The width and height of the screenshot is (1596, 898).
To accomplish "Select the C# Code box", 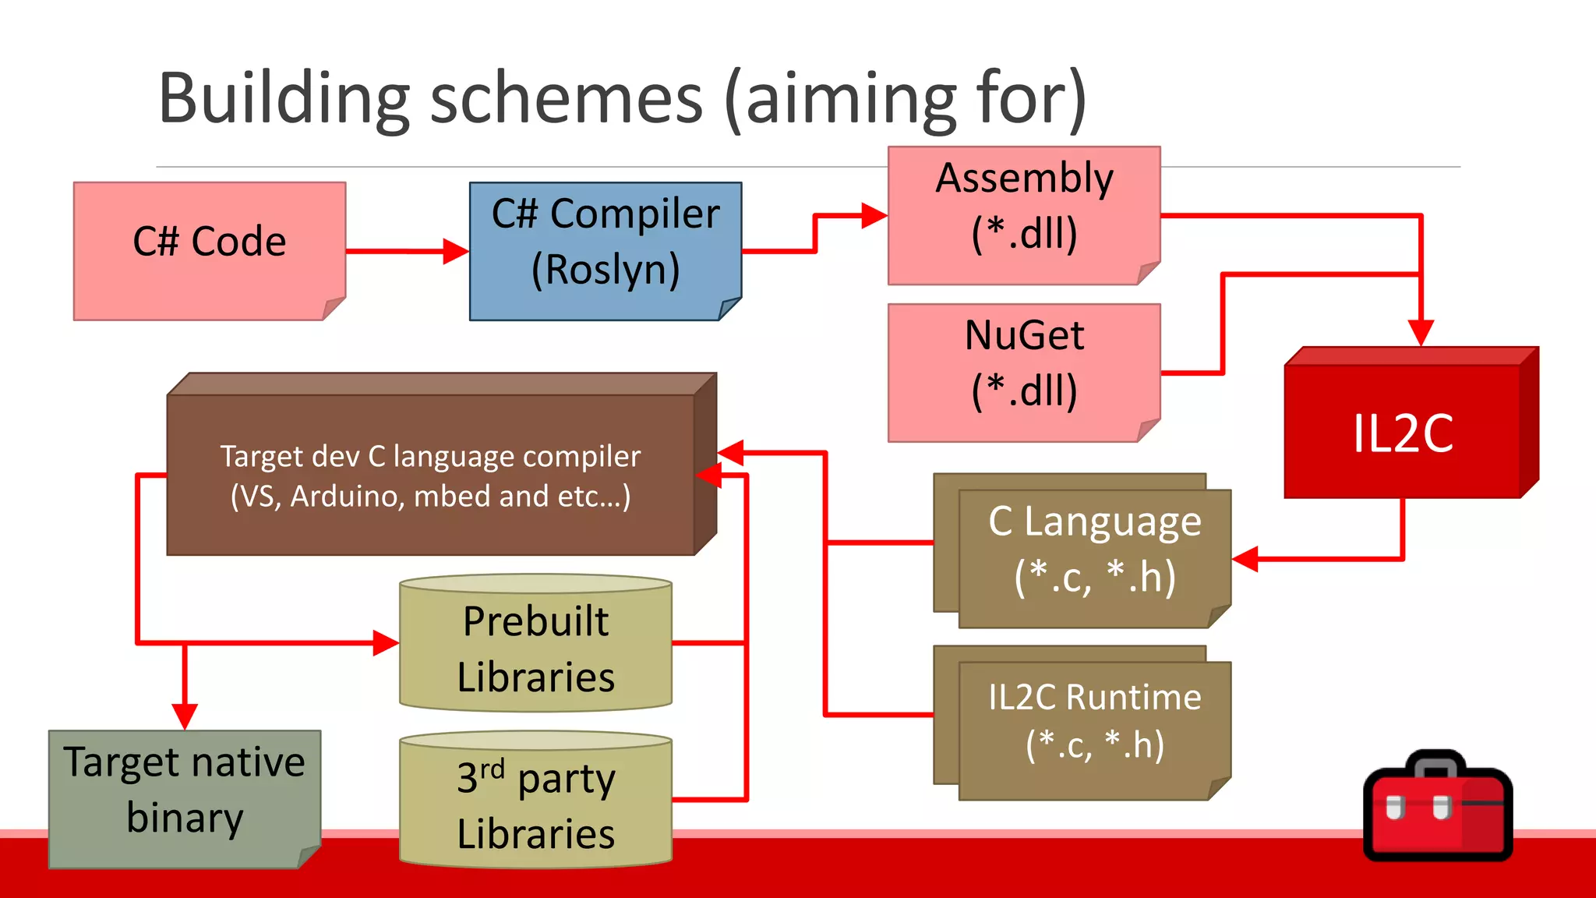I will pos(210,250).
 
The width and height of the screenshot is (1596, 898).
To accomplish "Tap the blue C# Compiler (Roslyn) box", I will pos(606,250).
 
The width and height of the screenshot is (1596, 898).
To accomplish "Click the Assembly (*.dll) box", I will pos(1024,214).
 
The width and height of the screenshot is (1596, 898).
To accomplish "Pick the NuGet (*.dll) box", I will pos(1024,372).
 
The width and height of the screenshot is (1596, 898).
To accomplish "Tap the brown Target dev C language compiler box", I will pos(431,475).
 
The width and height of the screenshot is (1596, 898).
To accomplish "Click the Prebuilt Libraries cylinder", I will pos(535,648).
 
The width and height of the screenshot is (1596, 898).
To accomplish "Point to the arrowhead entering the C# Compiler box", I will pos(456,251).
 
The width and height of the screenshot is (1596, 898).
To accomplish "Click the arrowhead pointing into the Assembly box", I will pos(874,215).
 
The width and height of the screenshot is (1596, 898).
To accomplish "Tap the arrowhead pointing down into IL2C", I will pos(1421,332).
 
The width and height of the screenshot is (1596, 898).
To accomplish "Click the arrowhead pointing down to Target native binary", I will pos(185,716).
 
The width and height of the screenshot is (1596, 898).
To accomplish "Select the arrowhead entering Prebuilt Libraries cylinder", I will pos(386,643).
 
